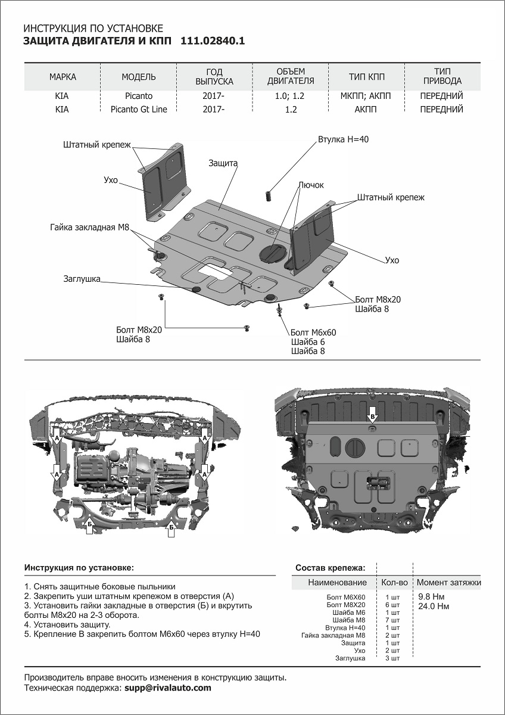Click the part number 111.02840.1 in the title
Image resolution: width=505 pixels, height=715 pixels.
pos(212,41)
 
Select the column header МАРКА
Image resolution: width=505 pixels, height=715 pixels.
pos(63,77)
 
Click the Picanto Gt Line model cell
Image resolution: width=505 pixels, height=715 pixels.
pos(139,109)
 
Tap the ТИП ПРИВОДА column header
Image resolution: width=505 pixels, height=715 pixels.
pos(441,77)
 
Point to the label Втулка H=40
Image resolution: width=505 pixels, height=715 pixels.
pos(344,139)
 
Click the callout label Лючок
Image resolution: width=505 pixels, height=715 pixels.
pos(311,185)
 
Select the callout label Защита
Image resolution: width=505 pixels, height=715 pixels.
pos(223,163)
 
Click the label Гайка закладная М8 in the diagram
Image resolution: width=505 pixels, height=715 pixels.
pos(89,227)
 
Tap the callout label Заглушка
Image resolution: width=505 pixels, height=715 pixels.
pos(82,278)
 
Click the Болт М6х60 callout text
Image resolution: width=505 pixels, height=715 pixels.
pos(313,332)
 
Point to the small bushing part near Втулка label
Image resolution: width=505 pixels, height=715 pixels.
pos(269,195)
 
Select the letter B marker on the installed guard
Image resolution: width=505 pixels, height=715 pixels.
pos(372,416)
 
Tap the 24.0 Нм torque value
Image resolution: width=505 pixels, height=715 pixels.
pos(434,607)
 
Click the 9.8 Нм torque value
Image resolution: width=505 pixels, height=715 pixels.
pos(431,596)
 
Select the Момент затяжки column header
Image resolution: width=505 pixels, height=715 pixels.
pos(448,582)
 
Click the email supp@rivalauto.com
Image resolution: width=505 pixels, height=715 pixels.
pos(167,688)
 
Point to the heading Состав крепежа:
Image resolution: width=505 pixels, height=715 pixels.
pos(331,567)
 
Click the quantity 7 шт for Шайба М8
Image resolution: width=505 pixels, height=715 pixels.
pos(393,620)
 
